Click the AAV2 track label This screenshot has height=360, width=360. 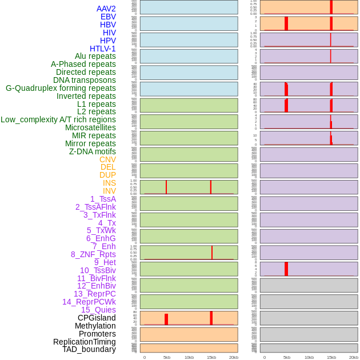106,9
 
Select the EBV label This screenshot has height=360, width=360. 108,17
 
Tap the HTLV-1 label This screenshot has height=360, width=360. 102,49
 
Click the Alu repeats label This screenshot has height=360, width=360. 95,56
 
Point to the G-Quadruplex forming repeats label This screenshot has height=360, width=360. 61,88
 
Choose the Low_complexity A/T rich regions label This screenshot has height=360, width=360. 58,119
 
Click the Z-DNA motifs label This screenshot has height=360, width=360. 93,151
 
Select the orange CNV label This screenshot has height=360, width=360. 107,159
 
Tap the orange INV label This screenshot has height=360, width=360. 109,191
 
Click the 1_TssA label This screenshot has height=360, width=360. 103,199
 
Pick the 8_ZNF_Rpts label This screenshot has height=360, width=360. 93,254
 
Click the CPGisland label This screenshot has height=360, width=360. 97,318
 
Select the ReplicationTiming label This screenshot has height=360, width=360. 85,342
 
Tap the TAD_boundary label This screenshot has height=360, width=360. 89,349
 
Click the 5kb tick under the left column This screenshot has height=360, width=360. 167,357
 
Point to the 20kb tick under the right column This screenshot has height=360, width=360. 354,357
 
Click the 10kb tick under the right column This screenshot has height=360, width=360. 309,357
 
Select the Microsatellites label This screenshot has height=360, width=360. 90,127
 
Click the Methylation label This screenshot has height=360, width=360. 95,326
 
